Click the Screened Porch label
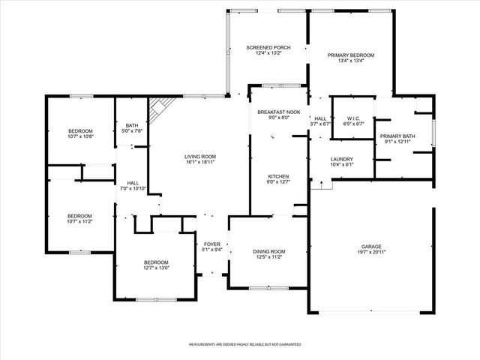268,47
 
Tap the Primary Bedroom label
350,55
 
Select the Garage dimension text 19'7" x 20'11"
370,252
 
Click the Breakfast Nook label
278,112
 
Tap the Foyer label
212,244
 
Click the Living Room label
200,157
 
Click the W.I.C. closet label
353,118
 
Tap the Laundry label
341,159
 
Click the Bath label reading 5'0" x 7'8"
132,125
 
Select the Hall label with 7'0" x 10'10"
133,182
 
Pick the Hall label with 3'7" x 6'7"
320,118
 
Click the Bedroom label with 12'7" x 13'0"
157,262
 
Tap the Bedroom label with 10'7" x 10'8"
80,131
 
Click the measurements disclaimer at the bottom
244,344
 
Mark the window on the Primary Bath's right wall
433,123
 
